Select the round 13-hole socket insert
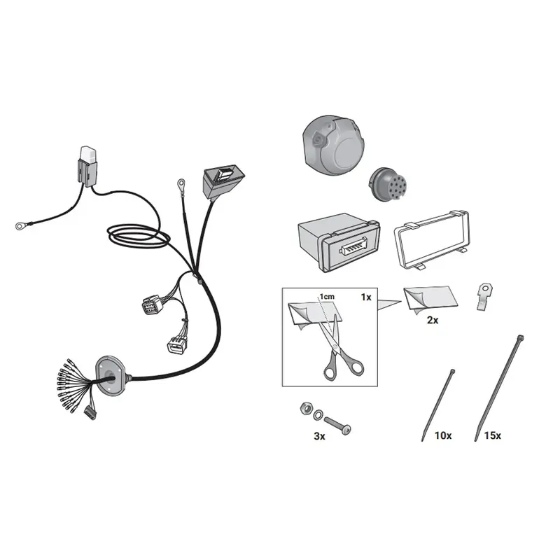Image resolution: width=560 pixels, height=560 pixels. click(x=388, y=185)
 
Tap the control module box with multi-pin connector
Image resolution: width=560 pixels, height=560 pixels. click(x=339, y=242)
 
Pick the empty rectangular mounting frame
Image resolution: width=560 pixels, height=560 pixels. click(x=431, y=239)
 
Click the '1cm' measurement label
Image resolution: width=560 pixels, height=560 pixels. click(x=327, y=296)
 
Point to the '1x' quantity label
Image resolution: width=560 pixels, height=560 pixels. click(x=366, y=297)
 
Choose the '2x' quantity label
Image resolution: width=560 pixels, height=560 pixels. click(x=433, y=320)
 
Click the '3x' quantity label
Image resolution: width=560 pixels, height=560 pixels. click(x=319, y=436)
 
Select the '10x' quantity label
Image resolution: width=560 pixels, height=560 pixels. click(x=443, y=435)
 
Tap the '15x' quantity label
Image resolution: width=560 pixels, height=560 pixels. click(x=493, y=435)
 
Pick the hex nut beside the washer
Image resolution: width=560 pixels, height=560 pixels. click(x=307, y=408)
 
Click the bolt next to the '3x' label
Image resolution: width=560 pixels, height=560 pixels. click(x=337, y=426)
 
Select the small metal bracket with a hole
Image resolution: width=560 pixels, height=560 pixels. click(x=484, y=296)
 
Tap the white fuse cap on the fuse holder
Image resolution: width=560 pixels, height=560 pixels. click(x=89, y=154)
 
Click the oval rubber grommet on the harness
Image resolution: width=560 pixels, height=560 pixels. click(x=111, y=376)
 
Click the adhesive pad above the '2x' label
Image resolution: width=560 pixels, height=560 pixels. click(x=430, y=300)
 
